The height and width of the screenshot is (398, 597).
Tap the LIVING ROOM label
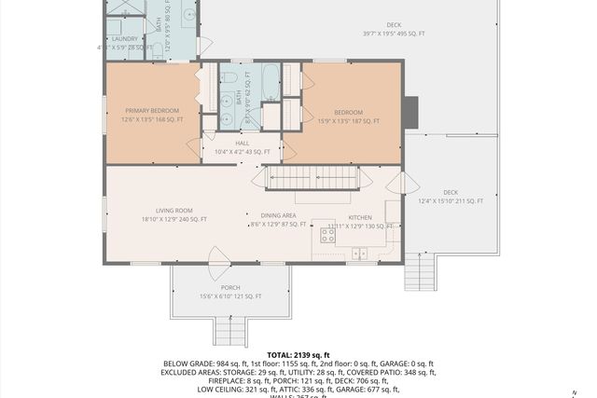coord(174,211)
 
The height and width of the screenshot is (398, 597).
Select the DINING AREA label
coord(279,215)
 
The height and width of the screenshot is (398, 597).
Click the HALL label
coord(242,143)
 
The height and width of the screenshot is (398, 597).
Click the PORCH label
coord(230,287)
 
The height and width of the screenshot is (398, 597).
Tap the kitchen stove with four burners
coord(328,235)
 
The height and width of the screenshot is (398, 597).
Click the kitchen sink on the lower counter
coord(360,252)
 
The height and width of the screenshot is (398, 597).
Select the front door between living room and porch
coord(219,256)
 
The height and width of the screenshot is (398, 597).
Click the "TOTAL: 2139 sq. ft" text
coord(298,355)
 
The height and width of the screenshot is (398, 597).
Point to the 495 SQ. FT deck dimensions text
coord(393,34)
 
